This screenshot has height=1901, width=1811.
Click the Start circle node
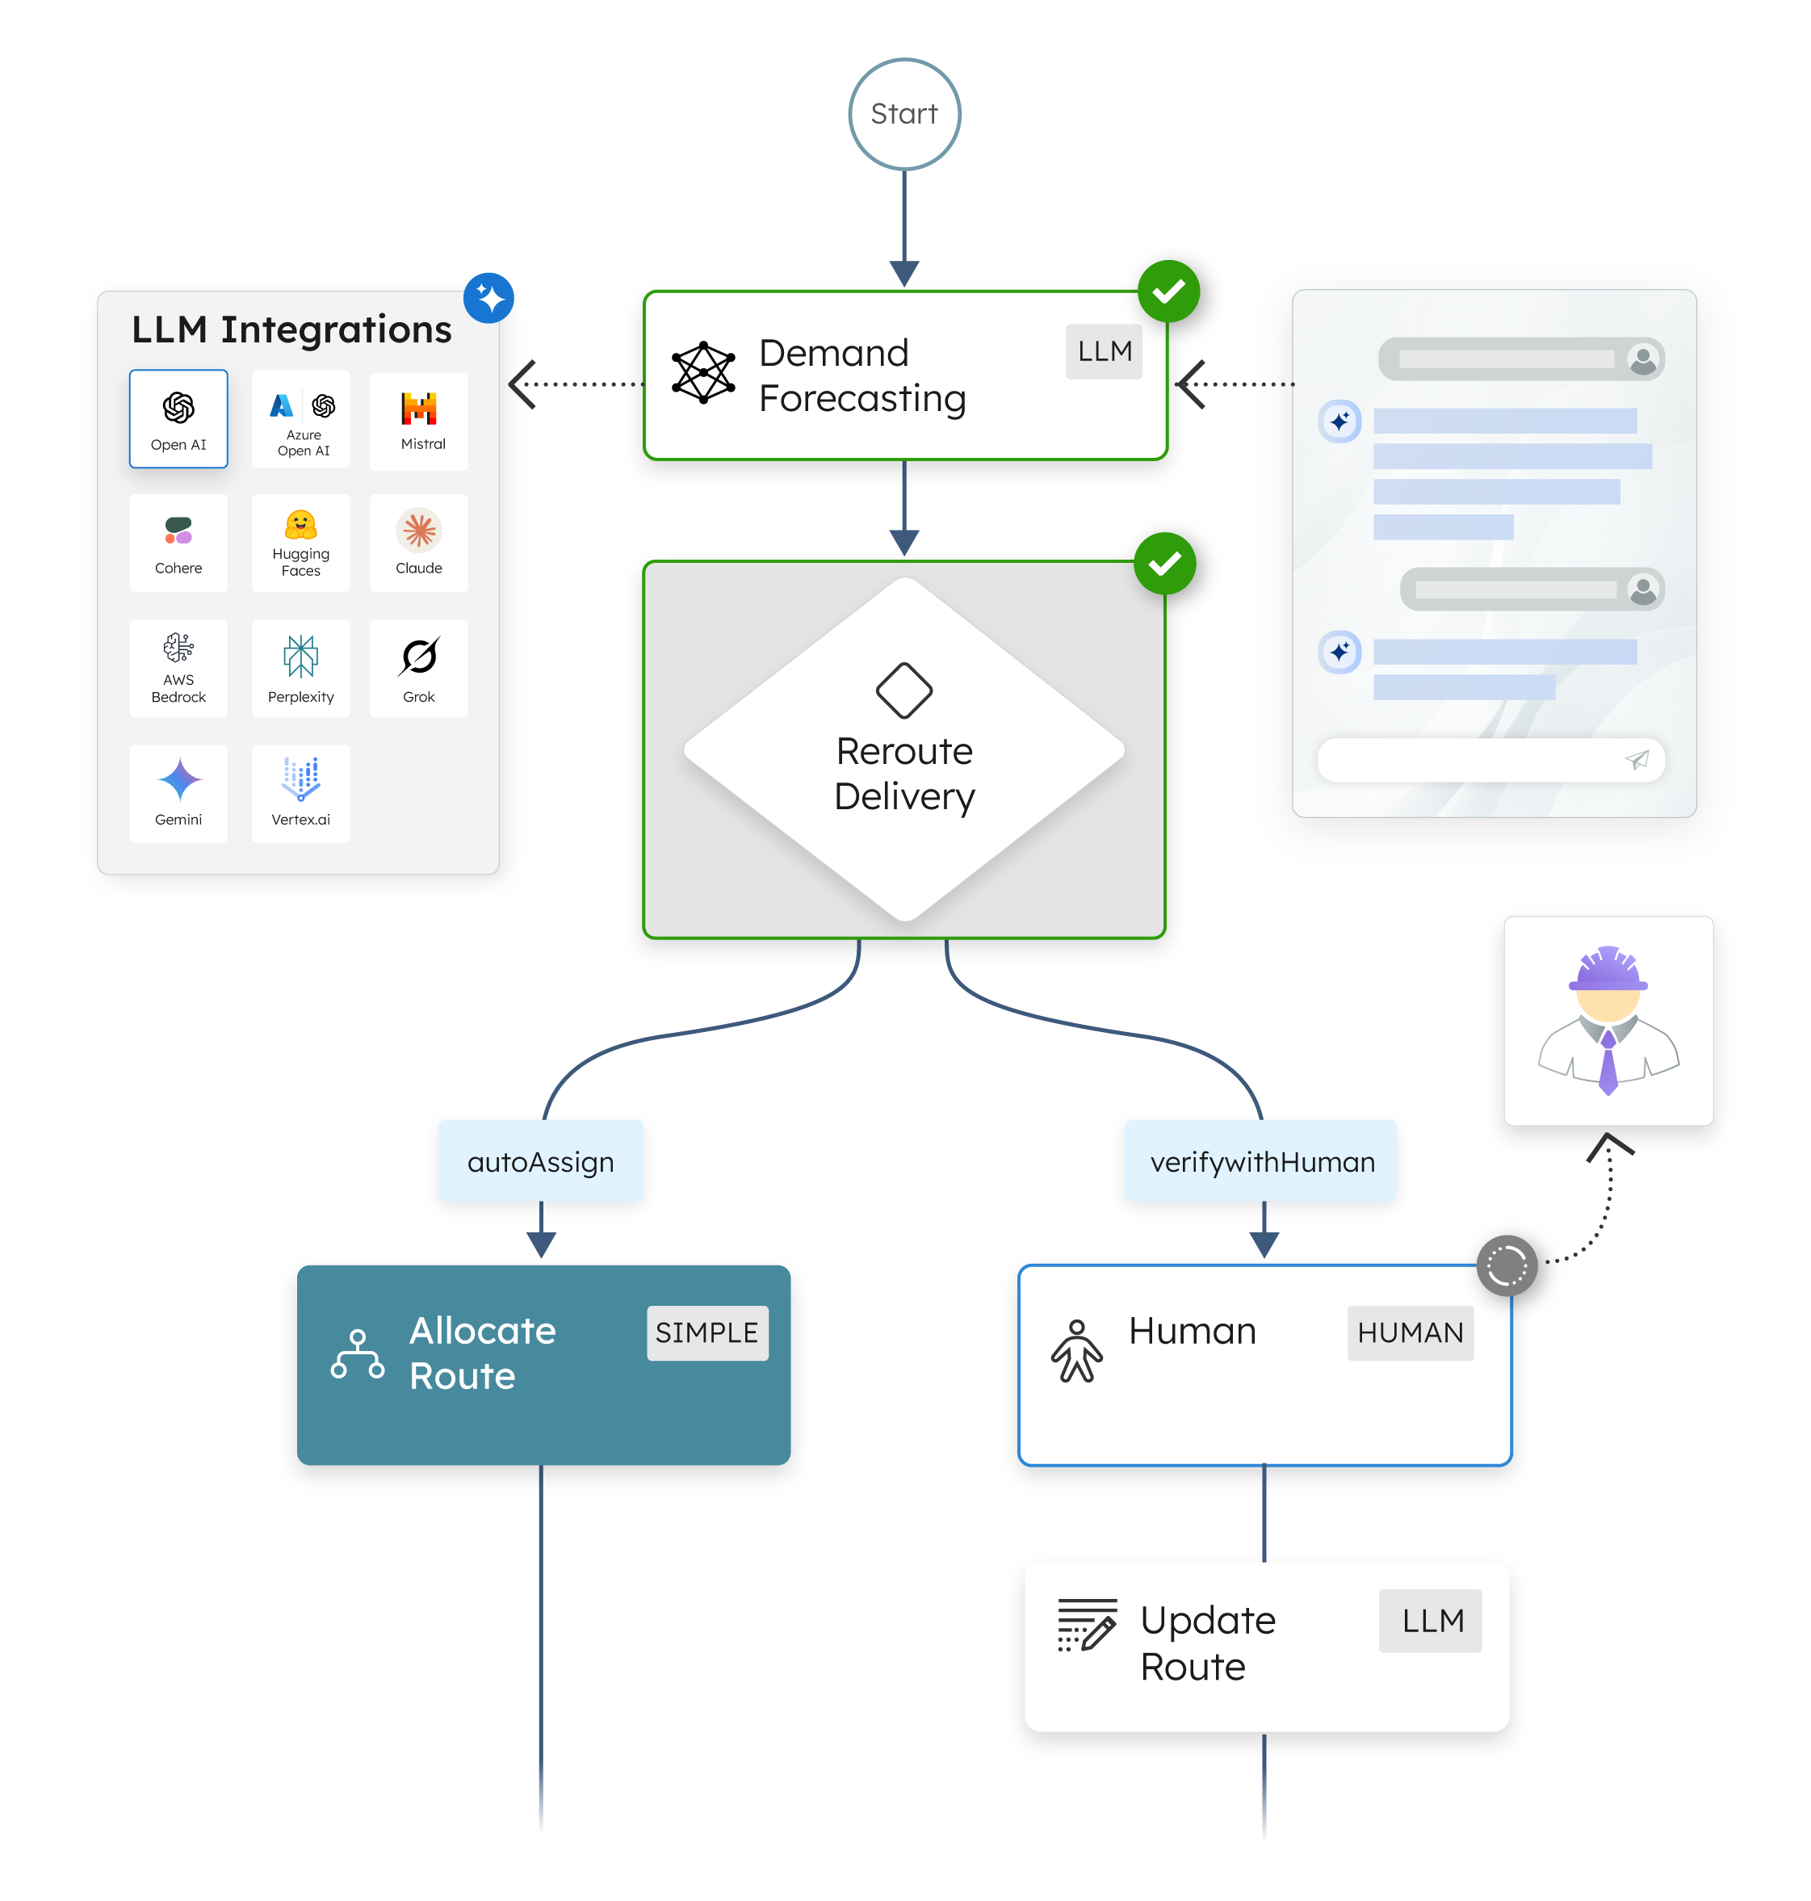coord(904,114)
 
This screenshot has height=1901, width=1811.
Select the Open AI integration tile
coord(178,419)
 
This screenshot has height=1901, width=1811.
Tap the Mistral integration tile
coord(419,421)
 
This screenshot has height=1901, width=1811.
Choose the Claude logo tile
coord(419,542)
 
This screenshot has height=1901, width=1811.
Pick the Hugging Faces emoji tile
coord(300,542)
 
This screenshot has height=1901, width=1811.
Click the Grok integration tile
coord(419,667)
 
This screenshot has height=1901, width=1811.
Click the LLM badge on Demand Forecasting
coord(1104,351)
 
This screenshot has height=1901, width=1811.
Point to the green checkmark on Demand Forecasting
coord(1168,291)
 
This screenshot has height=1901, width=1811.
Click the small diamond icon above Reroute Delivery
coord(903,690)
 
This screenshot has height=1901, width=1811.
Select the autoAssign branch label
coord(541,1160)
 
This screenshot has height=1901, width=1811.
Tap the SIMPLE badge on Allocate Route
coord(707,1332)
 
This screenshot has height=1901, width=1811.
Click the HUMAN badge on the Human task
coord(1410,1332)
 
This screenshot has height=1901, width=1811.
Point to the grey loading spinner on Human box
coord(1506,1265)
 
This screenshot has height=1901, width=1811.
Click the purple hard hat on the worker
coord(1608,968)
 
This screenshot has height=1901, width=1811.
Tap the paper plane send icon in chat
coord(1637,760)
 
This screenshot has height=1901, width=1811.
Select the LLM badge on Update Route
coord(1432,1620)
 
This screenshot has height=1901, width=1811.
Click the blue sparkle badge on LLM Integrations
coord(488,297)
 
